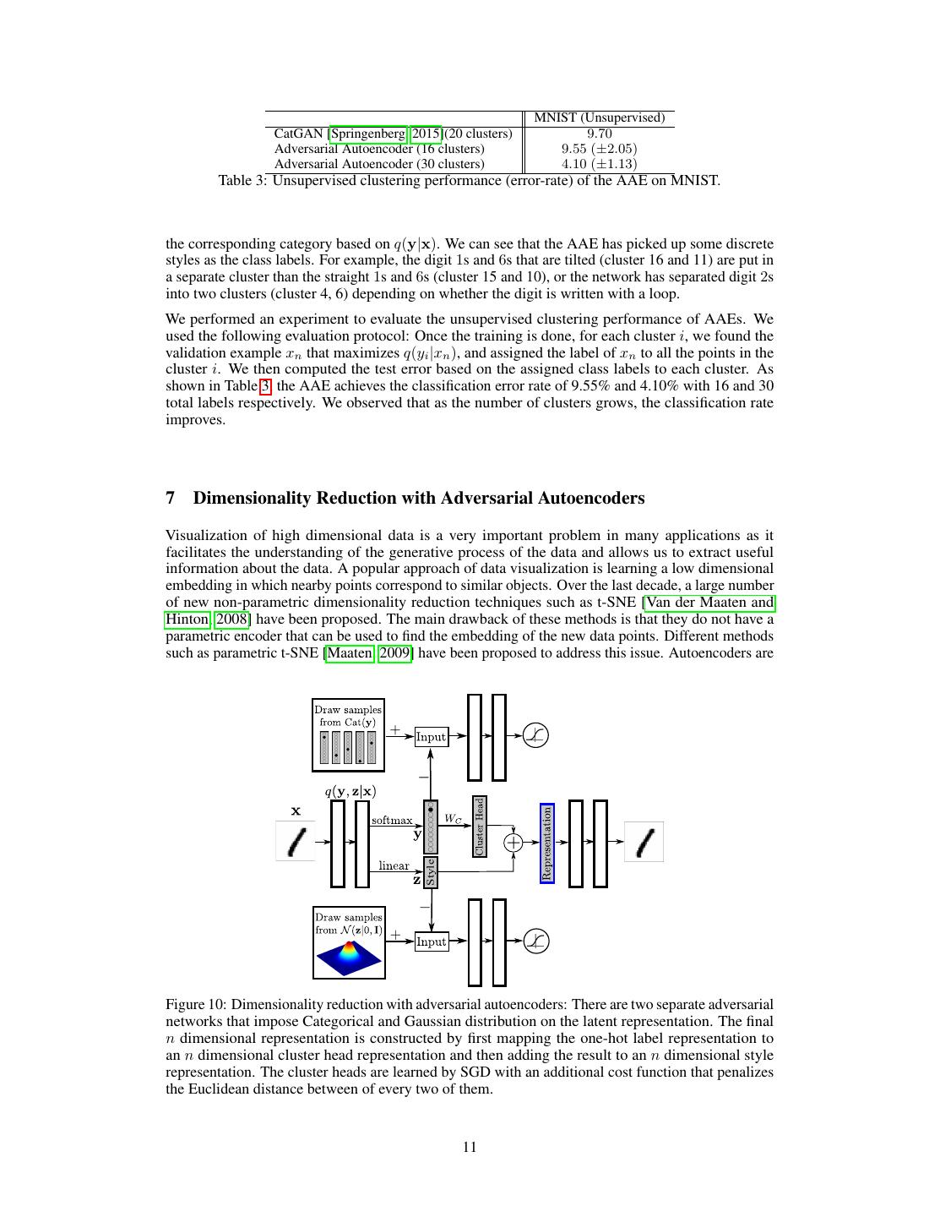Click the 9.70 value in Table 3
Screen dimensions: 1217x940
pyautogui.click(x=599, y=134)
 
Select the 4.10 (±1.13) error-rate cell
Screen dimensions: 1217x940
pyautogui.click(x=599, y=164)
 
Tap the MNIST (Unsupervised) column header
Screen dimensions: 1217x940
pyautogui.click(x=600, y=117)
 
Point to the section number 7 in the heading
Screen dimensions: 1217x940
pyautogui.click(x=171, y=498)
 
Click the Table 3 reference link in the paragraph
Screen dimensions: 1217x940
pyautogui.click(x=265, y=386)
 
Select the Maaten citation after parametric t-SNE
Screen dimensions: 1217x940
pyautogui.click(x=349, y=652)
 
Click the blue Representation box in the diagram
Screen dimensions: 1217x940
pyautogui.click(x=546, y=843)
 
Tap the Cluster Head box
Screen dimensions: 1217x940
pyautogui.click(x=480, y=826)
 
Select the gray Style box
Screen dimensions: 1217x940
pyautogui.click(x=431, y=871)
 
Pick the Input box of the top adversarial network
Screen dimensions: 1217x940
pyautogui.click(x=431, y=737)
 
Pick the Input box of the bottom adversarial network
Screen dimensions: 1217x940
pyautogui.click(x=431, y=941)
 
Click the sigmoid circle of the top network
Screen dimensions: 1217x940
pyautogui.click(x=535, y=736)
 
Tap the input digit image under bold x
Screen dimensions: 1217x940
pyautogui.click(x=296, y=842)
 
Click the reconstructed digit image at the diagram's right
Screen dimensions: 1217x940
pyautogui.click(x=644, y=842)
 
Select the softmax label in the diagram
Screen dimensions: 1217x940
pyautogui.click(x=392, y=820)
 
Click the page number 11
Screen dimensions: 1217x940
pyautogui.click(x=470, y=1147)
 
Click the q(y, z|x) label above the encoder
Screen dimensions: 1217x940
pyautogui.click(x=350, y=792)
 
